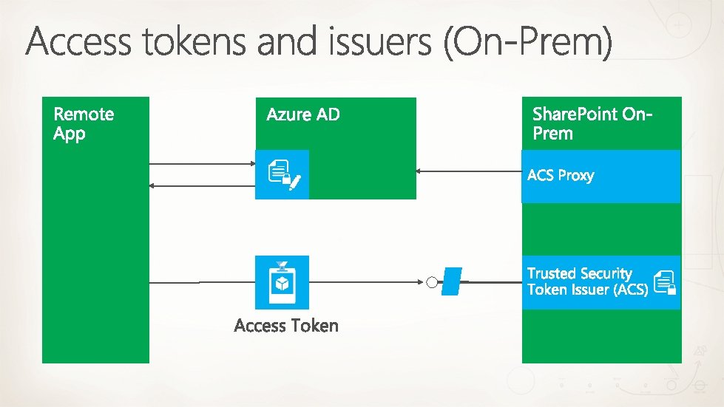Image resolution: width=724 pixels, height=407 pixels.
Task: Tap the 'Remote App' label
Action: click(84, 123)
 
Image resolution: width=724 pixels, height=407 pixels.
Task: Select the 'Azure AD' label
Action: click(303, 114)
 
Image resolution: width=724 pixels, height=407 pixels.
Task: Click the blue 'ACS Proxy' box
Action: click(600, 176)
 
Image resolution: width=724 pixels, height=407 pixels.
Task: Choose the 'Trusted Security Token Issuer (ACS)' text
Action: click(587, 281)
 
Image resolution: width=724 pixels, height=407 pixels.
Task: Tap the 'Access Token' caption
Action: click(286, 326)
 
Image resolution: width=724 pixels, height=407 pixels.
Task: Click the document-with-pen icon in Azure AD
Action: click(283, 175)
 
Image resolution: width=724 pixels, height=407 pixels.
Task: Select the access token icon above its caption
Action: click(282, 282)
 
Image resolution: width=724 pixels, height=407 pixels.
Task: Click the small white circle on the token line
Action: click(432, 282)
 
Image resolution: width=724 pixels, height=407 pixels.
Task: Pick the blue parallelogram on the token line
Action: click(451, 282)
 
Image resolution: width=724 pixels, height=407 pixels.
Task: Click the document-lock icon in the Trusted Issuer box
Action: click(665, 281)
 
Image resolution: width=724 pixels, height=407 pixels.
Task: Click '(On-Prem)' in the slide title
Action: click(528, 43)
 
